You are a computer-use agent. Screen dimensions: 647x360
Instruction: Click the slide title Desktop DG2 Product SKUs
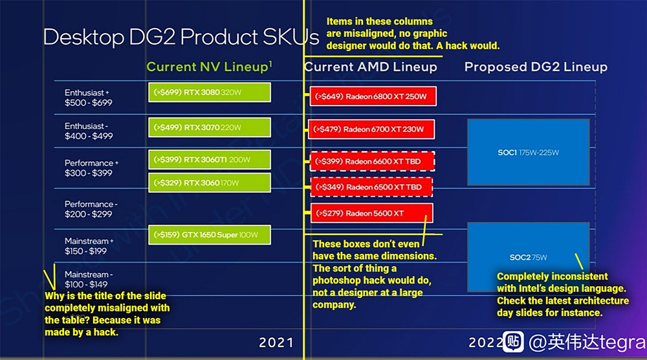click(181, 37)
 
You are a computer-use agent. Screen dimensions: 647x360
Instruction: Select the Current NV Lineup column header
click(209, 67)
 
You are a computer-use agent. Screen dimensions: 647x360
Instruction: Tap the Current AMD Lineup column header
click(371, 67)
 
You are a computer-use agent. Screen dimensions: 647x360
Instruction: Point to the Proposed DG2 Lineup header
click(536, 67)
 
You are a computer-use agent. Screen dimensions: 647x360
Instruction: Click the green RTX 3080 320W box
click(210, 92)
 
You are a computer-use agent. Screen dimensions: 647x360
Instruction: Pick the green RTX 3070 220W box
click(210, 127)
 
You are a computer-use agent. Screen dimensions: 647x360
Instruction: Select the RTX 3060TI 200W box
click(210, 159)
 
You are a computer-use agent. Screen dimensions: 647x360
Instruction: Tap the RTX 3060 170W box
click(210, 183)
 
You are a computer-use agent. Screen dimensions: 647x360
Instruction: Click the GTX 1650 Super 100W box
click(210, 234)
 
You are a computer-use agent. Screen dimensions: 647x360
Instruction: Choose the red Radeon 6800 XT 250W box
click(373, 96)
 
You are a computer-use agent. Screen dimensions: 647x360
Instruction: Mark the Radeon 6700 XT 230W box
click(371, 129)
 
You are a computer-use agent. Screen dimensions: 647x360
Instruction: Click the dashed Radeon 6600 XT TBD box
click(372, 161)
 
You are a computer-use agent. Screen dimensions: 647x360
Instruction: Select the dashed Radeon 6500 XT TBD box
click(371, 187)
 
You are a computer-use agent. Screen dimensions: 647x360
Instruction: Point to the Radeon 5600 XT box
click(372, 213)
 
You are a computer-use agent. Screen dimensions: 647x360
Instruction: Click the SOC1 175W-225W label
click(528, 152)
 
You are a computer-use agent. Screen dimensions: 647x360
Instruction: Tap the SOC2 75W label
click(528, 257)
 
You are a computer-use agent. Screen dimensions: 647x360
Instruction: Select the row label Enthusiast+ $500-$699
click(88, 97)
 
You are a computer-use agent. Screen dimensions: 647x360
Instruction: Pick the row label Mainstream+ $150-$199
click(89, 246)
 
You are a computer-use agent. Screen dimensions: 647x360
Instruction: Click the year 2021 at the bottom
click(276, 343)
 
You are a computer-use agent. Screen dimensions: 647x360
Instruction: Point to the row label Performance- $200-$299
click(91, 209)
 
